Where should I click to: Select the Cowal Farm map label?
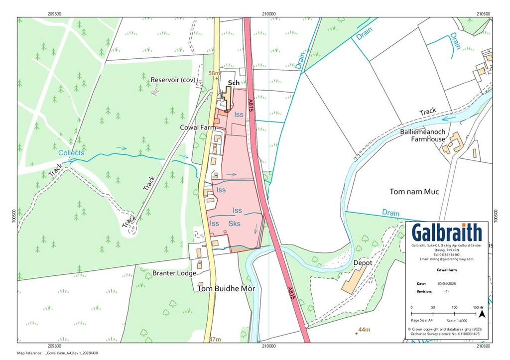(x=198, y=127)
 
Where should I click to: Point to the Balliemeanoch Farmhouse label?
(x=428, y=135)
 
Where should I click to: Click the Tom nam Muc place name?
(x=414, y=192)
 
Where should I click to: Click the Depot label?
(x=363, y=262)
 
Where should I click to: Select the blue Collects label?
(x=71, y=153)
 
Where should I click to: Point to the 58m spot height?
(x=214, y=73)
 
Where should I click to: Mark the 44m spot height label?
(x=365, y=330)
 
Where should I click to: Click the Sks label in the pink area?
(x=234, y=224)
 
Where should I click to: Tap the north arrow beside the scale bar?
(x=481, y=313)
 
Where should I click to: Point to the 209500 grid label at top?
(x=54, y=13)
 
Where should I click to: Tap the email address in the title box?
(x=447, y=259)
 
